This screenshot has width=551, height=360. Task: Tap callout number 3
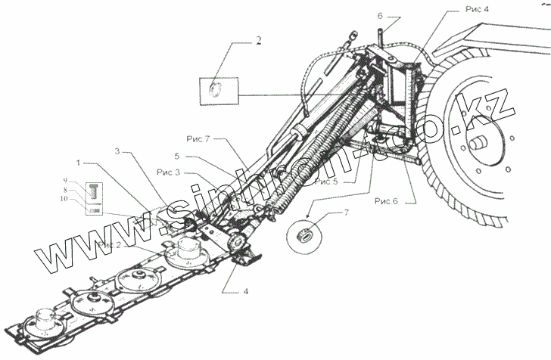pyautogui.click(x=117, y=151)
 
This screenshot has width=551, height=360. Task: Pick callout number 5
pyautogui.click(x=177, y=157)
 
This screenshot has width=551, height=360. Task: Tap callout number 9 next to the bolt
pyautogui.click(x=65, y=182)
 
